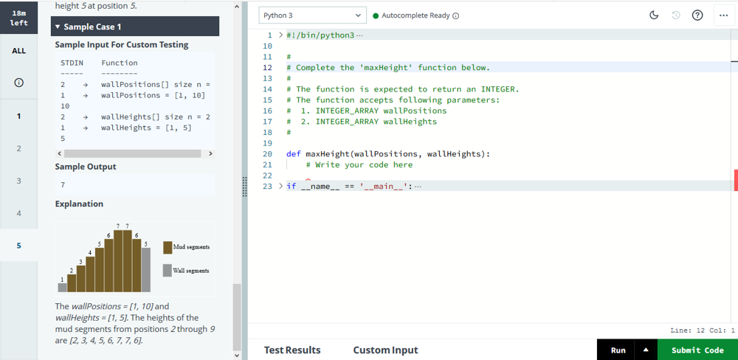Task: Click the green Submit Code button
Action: click(x=697, y=350)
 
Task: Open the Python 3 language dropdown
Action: click(x=312, y=15)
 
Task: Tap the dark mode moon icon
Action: click(x=654, y=15)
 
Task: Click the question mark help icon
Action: click(x=697, y=15)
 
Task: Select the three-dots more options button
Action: click(x=724, y=15)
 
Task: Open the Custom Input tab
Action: click(x=385, y=350)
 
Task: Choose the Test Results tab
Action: click(x=292, y=350)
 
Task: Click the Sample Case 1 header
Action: click(x=135, y=27)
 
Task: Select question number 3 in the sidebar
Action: click(x=19, y=181)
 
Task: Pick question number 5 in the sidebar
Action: click(x=19, y=245)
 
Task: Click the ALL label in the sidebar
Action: click(x=19, y=51)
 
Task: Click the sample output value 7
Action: click(x=63, y=185)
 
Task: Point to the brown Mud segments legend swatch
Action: click(x=168, y=248)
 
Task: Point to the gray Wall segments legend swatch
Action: click(x=168, y=271)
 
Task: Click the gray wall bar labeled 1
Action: click(x=63, y=287)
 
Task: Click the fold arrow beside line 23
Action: click(x=280, y=186)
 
